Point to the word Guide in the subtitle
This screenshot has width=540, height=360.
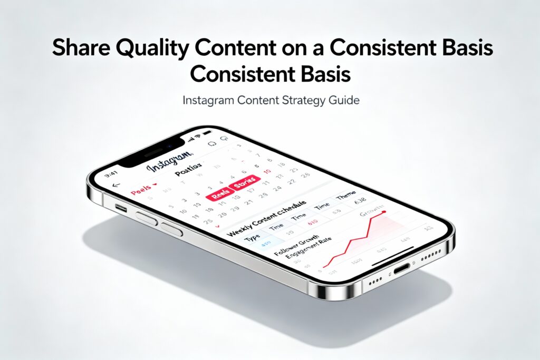[x=345, y=100]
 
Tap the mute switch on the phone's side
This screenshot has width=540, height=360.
[x=121, y=208]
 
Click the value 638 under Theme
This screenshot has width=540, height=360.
[x=360, y=201]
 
